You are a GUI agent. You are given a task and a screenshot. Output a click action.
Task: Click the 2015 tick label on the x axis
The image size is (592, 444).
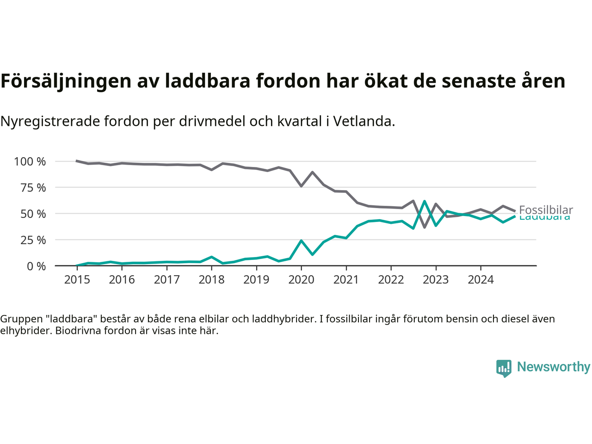coord(77,280)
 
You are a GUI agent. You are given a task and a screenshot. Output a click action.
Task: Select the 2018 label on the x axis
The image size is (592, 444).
coord(211,280)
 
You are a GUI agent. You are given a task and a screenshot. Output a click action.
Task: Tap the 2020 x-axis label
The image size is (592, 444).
coord(301,280)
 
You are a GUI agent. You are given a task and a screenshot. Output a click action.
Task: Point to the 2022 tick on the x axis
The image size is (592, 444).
coord(391,280)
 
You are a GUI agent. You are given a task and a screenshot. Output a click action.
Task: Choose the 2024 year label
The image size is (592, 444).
coord(481,280)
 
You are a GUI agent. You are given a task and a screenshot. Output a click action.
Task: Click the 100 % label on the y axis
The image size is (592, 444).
coord(30,161)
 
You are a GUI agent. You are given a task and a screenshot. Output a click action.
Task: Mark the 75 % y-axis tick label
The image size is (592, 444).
coord(33,188)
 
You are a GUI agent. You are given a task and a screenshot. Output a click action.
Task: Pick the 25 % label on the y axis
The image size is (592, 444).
coord(33,240)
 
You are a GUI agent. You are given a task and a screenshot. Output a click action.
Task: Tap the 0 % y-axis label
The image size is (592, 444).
coord(36,266)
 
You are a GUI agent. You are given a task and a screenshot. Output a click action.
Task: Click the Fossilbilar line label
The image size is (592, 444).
coord(546,210)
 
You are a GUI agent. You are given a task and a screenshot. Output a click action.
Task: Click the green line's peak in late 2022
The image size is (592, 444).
coord(425,202)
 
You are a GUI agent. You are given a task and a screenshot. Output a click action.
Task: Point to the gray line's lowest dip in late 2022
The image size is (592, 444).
coord(425,227)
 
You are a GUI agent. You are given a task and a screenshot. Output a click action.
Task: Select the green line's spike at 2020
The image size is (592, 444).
coord(301,241)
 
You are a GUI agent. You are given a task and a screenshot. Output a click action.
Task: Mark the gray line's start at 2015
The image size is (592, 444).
coord(77,161)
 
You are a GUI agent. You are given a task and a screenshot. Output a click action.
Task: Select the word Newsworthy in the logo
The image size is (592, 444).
coord(553,367)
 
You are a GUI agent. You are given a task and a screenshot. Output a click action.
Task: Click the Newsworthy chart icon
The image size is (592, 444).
coord(504,368)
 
